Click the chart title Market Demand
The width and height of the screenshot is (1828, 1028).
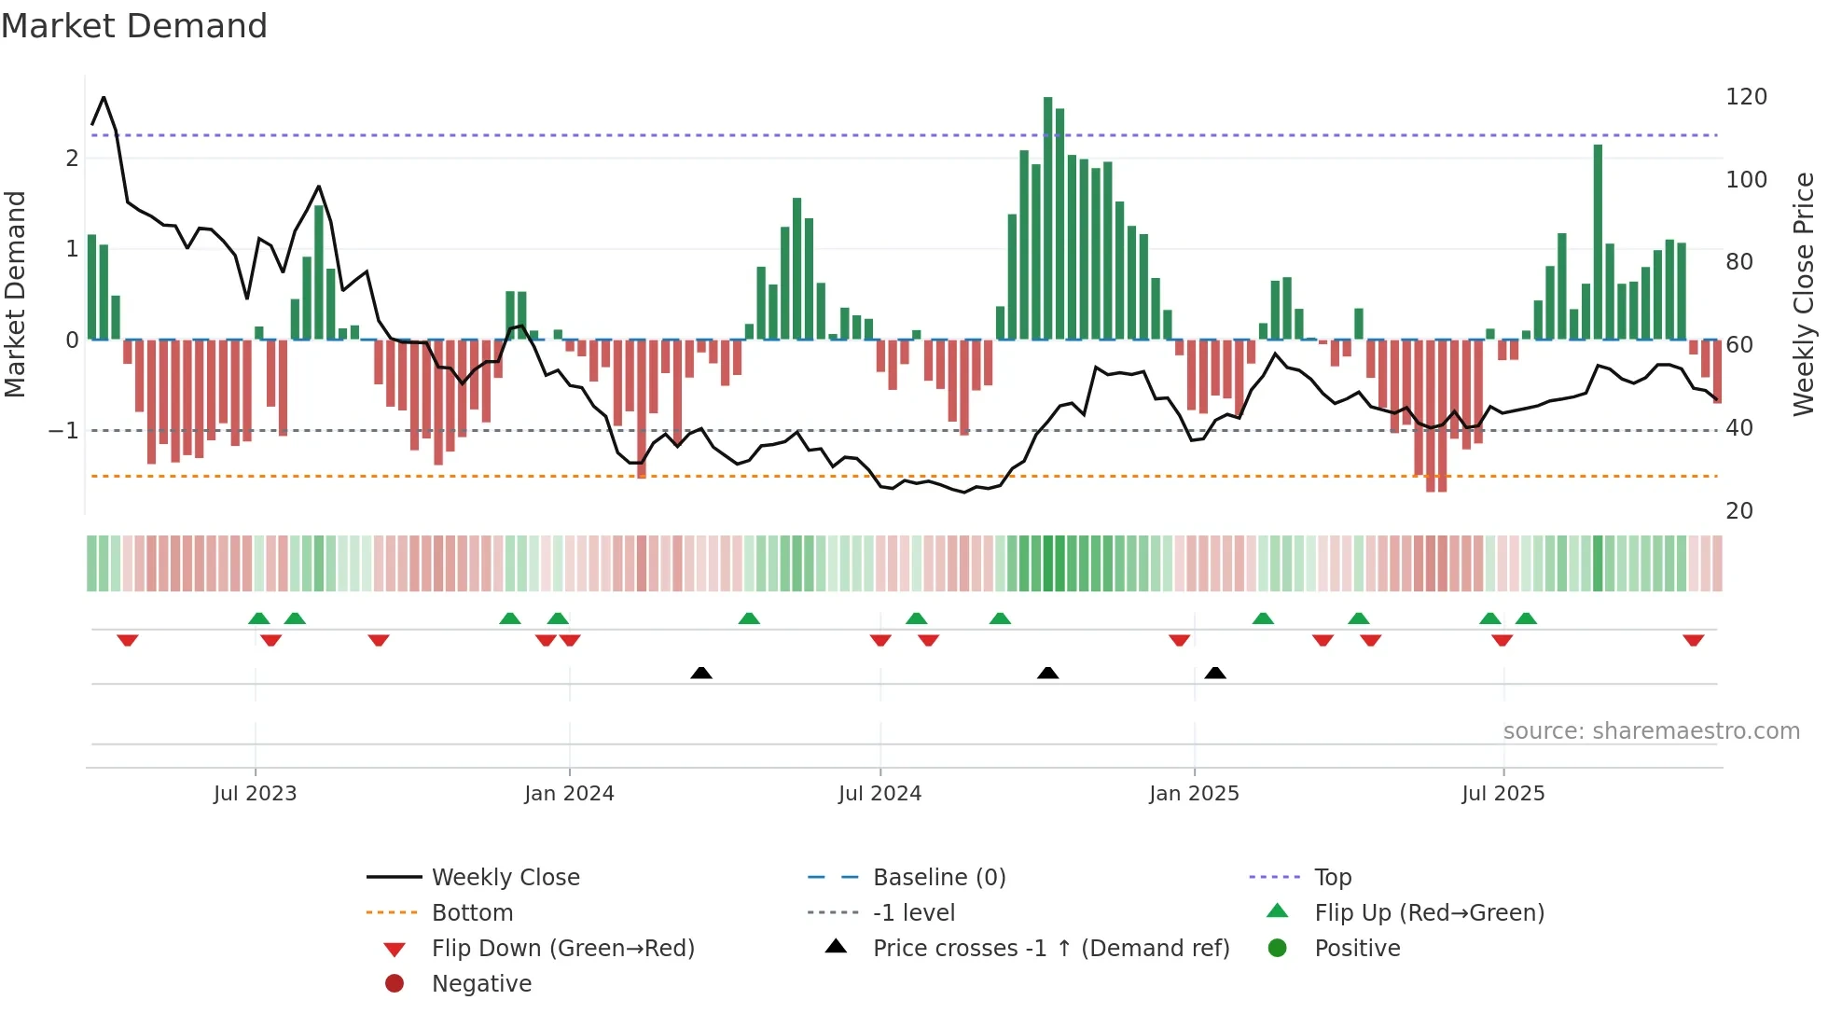[x=134, y=26]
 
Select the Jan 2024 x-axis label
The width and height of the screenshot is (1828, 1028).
[x=569, y=794]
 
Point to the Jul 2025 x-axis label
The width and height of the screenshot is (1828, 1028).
[x=1503, y=794]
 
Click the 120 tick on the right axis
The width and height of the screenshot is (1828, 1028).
[x=1746, y=97]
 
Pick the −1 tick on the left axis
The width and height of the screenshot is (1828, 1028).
[x=63, y=431]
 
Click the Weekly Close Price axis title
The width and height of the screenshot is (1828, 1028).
[x=1804, y=294]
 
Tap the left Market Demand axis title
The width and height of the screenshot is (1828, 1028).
[x=15, y=294]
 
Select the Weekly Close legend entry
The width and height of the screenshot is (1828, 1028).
[x=505, y=878]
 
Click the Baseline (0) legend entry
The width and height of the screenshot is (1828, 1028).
[x=938, y=878]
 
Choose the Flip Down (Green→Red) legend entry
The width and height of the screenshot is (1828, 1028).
[x=562, y=949]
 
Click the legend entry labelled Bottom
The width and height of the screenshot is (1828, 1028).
[x=472, y=913]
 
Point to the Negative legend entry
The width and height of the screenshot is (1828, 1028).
[x=481, y=984]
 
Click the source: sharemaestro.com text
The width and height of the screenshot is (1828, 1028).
[x=1651, y=731]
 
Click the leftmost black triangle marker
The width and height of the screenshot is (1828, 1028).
[x=701, y=673]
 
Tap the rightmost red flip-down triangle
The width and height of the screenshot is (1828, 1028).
[x=1693, y=640]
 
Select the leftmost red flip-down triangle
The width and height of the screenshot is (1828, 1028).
[x=128, y=640]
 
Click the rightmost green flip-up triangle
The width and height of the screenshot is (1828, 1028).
[x=1526, y=618]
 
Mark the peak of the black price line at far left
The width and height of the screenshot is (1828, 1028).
[x=104, y=97]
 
